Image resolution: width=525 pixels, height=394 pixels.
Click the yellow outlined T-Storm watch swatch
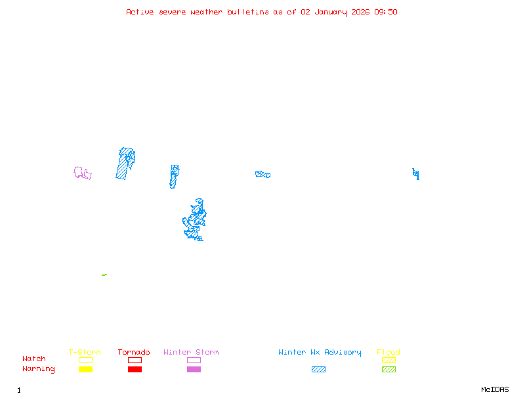(x=85, y=360)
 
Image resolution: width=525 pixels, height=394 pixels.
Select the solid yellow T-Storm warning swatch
(x=85, y=370)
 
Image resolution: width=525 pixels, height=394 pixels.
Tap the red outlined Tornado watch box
(x=135, y=360)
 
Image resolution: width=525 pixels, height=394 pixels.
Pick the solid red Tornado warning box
(x=135, y=370)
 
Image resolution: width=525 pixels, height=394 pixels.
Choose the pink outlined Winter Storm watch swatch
(x=194, y=360)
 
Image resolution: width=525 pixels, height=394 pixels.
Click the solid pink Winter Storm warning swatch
(x=194, y=370)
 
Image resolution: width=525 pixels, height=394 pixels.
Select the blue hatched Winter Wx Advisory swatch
(x=318, y=370)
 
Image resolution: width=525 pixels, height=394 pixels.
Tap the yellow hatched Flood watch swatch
(x=388, y=360)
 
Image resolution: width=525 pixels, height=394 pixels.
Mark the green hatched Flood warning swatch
(x=388, y=370)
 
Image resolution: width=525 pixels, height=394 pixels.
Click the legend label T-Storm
(x=85, y=352)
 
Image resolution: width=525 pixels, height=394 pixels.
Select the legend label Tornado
(x=134, y=352)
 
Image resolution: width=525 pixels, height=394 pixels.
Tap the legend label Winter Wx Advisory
(x=320, y=352)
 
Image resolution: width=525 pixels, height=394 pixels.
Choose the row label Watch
(x=34, y=359)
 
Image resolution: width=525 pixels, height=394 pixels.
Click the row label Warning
(x=38, y=369)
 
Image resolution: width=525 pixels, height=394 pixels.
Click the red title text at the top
(x=262, y=12)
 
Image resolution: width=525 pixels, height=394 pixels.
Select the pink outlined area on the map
(x=82, y=173)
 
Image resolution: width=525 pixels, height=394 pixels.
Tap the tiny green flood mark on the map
(x=104, y=274)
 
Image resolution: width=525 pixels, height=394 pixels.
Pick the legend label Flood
(x=388, y=352)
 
